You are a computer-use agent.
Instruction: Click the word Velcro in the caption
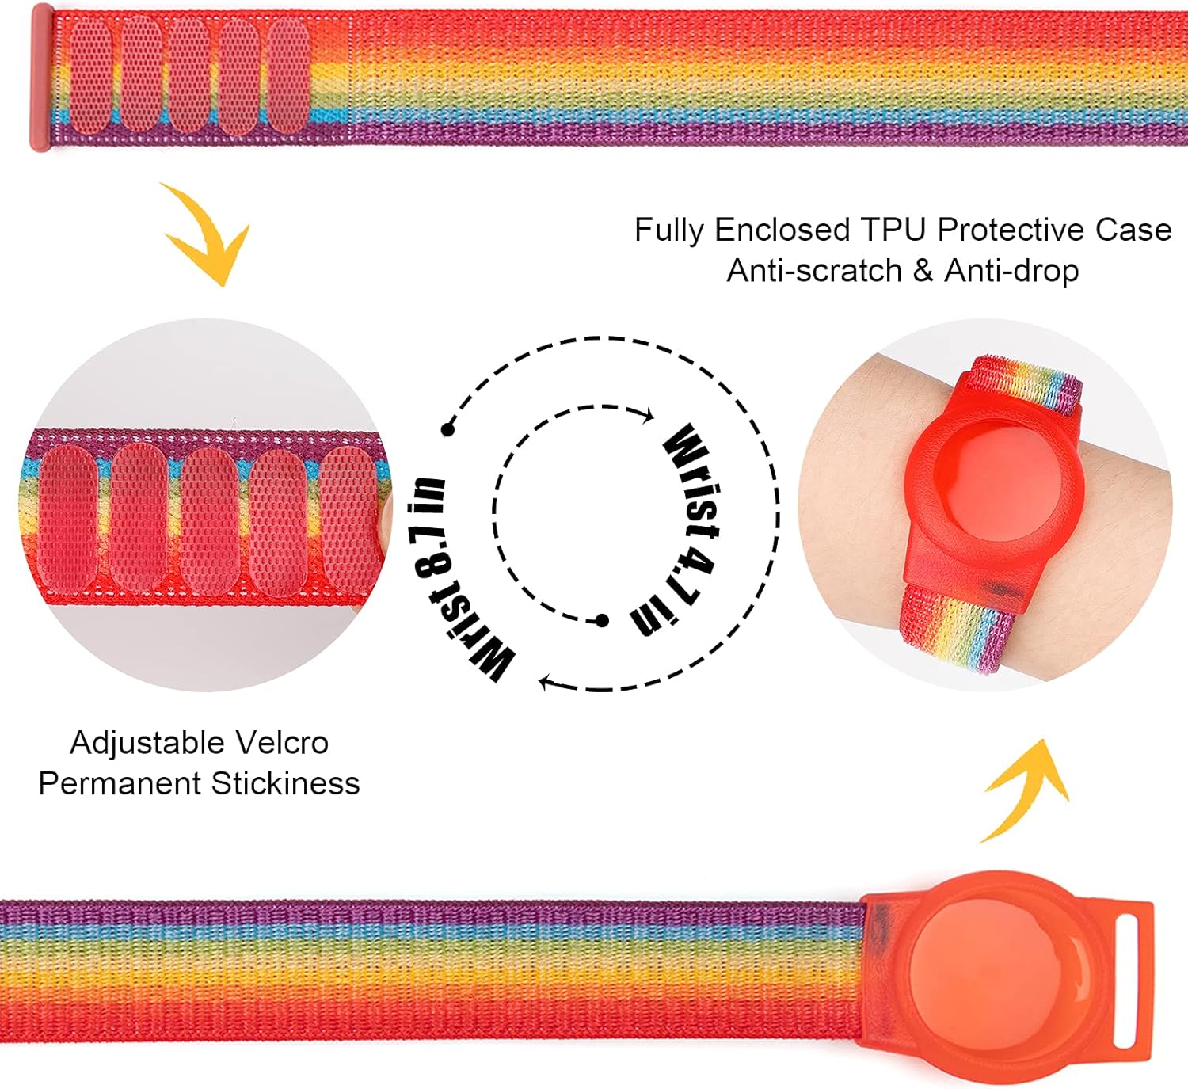(x=282, y=743)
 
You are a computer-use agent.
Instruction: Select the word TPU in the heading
(x=893, y=230)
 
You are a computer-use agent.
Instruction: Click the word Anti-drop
(x=1011, y=271)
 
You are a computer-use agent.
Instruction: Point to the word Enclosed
(x=782, y=230)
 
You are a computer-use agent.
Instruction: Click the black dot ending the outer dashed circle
(x=448, y=430)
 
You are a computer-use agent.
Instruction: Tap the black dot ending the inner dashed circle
(x=602, y=620)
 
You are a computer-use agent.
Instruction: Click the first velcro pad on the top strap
(x=89, y=76)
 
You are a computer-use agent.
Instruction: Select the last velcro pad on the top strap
(x=287, y=76)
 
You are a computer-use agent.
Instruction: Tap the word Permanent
(x=120, y=783)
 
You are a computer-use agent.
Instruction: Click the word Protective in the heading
(x=1010, y=230)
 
